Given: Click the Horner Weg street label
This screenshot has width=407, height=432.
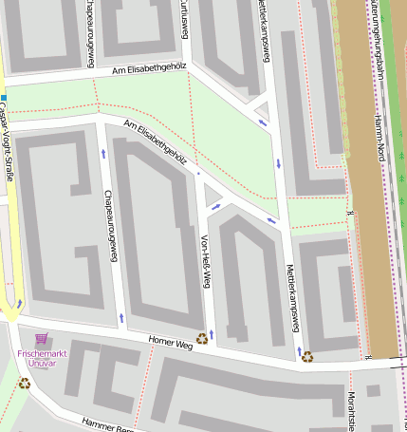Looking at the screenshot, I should pos(170,342).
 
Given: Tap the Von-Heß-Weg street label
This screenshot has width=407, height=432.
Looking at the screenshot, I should pos(204,261).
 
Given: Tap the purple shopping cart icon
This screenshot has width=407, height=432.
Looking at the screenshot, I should pos(41,338).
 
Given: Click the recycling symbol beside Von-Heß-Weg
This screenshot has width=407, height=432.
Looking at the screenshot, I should pos(201,337).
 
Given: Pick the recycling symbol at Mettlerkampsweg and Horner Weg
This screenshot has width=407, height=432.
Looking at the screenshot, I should pos(306,357).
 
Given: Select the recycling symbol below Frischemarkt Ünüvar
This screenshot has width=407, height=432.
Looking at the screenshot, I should pos(24,384).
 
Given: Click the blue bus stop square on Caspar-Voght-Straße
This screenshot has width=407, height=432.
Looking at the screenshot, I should pos(4,98).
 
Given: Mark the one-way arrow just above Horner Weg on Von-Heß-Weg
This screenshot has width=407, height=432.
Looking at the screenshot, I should pos(212,333).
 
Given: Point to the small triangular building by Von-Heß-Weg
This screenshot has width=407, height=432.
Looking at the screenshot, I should pos(212,196).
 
